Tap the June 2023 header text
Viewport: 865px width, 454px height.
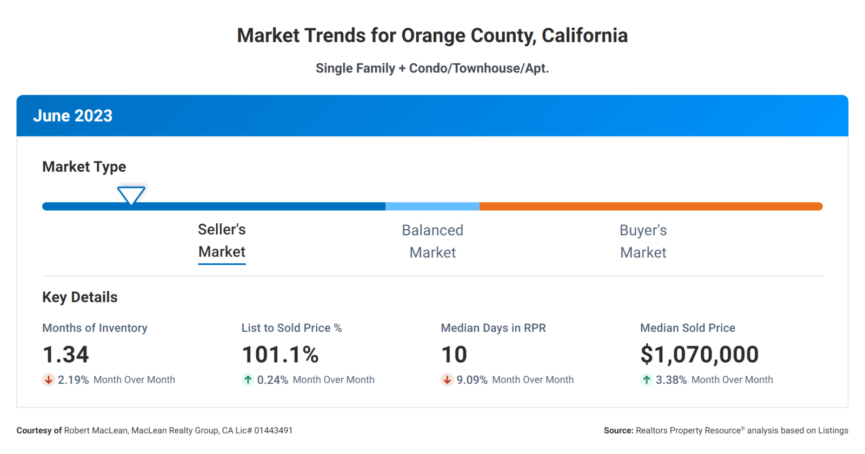tap(72, 116)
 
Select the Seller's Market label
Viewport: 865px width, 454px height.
tap(222, 241)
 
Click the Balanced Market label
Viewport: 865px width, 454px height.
tap(432, 241)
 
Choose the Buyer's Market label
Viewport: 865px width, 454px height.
tap(643, 241)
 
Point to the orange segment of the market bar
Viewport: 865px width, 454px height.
tap(649, 206)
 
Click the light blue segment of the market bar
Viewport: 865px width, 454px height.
tap(432, 206)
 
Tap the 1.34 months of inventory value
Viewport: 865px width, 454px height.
tap(65, 355)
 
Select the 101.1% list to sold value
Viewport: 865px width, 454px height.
tap(280, 355)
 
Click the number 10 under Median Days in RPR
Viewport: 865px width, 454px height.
tap(454, 355)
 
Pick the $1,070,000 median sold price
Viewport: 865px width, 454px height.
tap(699, 355)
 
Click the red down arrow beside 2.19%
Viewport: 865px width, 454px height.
tap(49, 380)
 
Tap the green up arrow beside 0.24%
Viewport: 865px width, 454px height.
tap(248, 380)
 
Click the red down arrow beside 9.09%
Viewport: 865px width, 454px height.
tap(447, 380)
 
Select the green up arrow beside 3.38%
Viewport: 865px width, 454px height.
tap(647, 380)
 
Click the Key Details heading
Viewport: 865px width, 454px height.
tap(79, 297)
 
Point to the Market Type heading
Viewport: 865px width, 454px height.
tap(84, 166)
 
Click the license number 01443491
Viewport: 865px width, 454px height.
tap(273, 431)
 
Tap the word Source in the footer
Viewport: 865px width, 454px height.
tap(618, 431)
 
